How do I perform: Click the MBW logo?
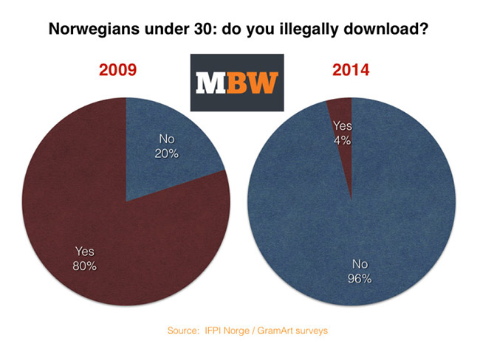point(235,83)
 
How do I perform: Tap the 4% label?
point(343,138)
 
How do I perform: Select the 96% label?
point(356,279)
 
